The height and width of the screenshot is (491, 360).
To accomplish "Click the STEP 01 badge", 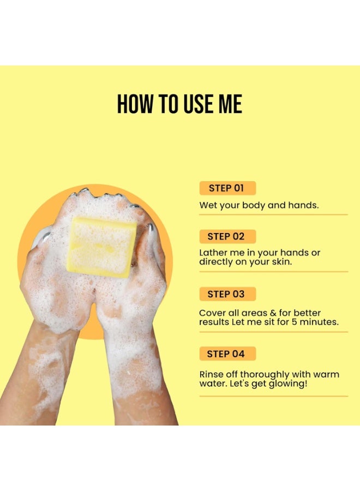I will pyautogui.click(x=227, y=188).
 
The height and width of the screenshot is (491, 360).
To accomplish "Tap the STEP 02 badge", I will pyautogui.click(x=227, y=236).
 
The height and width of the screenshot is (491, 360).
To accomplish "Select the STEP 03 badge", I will pyautogui.click(x=227, y=294).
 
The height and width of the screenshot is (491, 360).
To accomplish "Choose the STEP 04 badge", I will pyautogui.click(x=227, y=354).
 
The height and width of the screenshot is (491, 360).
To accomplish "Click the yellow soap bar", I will pyautogui.click(x=102, y=246).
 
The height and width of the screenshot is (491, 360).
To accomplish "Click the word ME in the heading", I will pyautogui.click(x=230, y=104).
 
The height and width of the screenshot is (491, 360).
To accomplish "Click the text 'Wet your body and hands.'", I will pyautogui.click(x=259, y=206).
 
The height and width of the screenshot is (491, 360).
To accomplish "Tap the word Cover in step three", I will pyautogui.click(x=212, y=313).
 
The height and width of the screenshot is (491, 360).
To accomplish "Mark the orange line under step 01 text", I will pyautogui.click(x=273, y=214).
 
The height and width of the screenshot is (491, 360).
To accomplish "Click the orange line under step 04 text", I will pyautogui.click(x=273, y=396).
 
